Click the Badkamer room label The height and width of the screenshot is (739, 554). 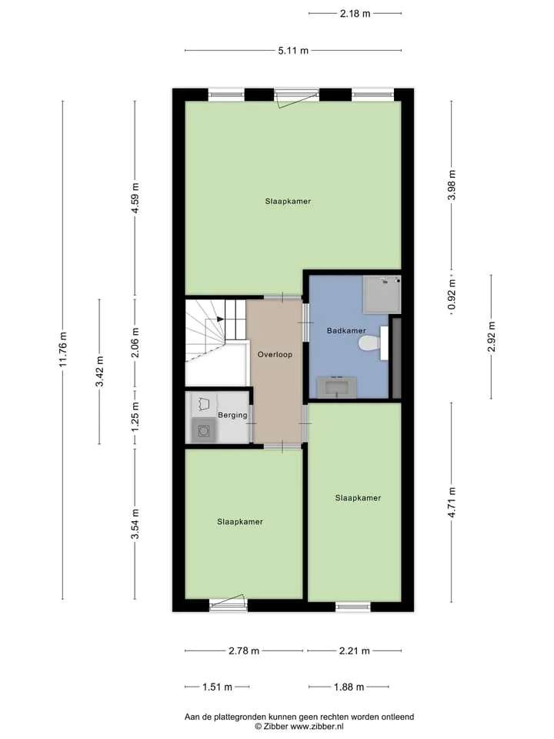(x=346, y=330)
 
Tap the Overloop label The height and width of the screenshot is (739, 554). (x=275, y=354)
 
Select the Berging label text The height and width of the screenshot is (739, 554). (x=232, y=415)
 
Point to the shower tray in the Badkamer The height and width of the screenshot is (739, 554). (x=382, y=295)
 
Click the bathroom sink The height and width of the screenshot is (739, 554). (x=336, y=387)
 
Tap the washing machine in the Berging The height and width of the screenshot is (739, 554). (x=204, y=430)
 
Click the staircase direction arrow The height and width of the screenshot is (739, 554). (x=220, y=319)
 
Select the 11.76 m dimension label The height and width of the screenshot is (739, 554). (x=63, y=349)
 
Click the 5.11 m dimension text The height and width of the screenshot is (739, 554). (x=293, y=51)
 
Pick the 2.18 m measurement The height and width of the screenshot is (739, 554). (x=355, y=14)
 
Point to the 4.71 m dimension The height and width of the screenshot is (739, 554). (x=452, y=502)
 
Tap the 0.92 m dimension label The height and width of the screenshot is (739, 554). (x=452, y=295)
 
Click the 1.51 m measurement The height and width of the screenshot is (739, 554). (x=217, y=687)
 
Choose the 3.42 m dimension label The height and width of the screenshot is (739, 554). (x=99, y=371)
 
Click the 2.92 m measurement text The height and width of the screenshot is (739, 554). (x=492, y=336)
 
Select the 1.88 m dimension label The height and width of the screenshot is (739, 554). (x=349, y=687)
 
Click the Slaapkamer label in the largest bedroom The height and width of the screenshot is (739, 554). (x=288, y=201)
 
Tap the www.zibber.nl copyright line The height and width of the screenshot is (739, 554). (x=299, y=727)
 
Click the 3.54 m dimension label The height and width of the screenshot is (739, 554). (x=135, y=524)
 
